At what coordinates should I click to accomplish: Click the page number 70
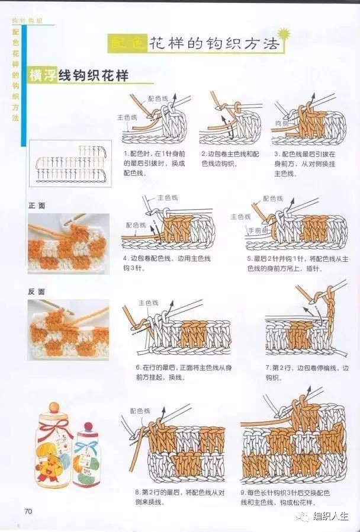[27, 511]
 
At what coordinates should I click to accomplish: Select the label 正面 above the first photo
[37, 206]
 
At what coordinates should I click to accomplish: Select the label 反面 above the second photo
[37, 292]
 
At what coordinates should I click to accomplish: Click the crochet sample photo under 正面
[68, 243]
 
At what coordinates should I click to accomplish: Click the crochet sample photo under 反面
[68, 329]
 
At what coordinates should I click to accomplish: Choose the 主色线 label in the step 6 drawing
[148, 303]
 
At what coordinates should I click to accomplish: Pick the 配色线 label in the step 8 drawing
[140, 410]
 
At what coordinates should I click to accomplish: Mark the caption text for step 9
[292, 497]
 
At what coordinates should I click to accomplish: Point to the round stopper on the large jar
[54, 408]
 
